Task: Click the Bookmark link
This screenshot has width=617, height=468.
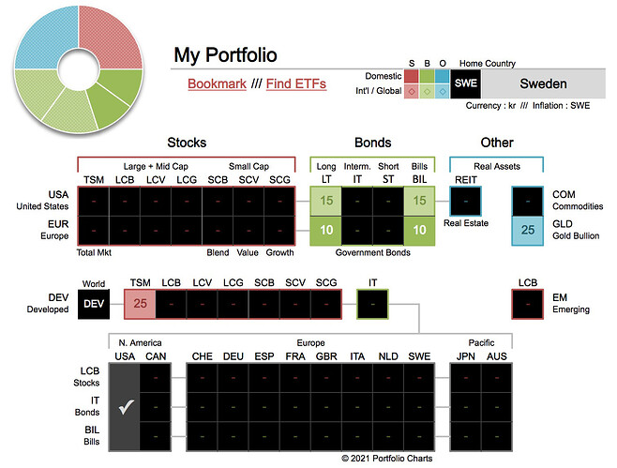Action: tap(217, 83)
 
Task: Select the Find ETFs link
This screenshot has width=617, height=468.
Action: tap(295, 83)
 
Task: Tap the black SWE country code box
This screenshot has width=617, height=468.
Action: tap(466, 83)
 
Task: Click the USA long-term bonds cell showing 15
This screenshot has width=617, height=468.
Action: tap(326, 200)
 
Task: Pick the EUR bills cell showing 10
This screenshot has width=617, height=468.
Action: tap(418, 230)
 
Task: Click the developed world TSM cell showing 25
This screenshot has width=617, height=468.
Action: tap(140, 303)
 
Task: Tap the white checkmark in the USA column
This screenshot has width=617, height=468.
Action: tap(125, 406)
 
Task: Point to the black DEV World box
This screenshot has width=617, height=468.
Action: tap(94, 303)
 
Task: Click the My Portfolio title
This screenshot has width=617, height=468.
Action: tap(225, 55)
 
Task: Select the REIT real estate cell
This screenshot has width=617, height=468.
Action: tap(465, 200)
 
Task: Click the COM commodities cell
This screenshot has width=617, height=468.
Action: tap(528, 200)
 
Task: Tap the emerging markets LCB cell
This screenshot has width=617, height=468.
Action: tap(528, 303)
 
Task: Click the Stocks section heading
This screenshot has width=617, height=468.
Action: tap(187, 143)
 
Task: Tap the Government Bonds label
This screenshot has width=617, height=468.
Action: tap(372, 251)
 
